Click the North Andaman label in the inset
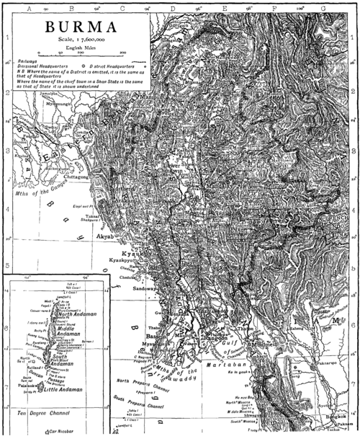coord(74,314)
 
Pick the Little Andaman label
coord(68,390)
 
